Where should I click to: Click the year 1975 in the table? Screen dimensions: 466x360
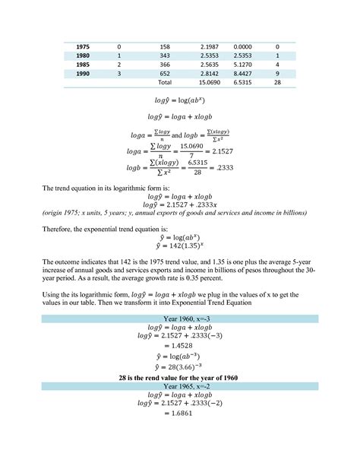[x=82, y=47]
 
